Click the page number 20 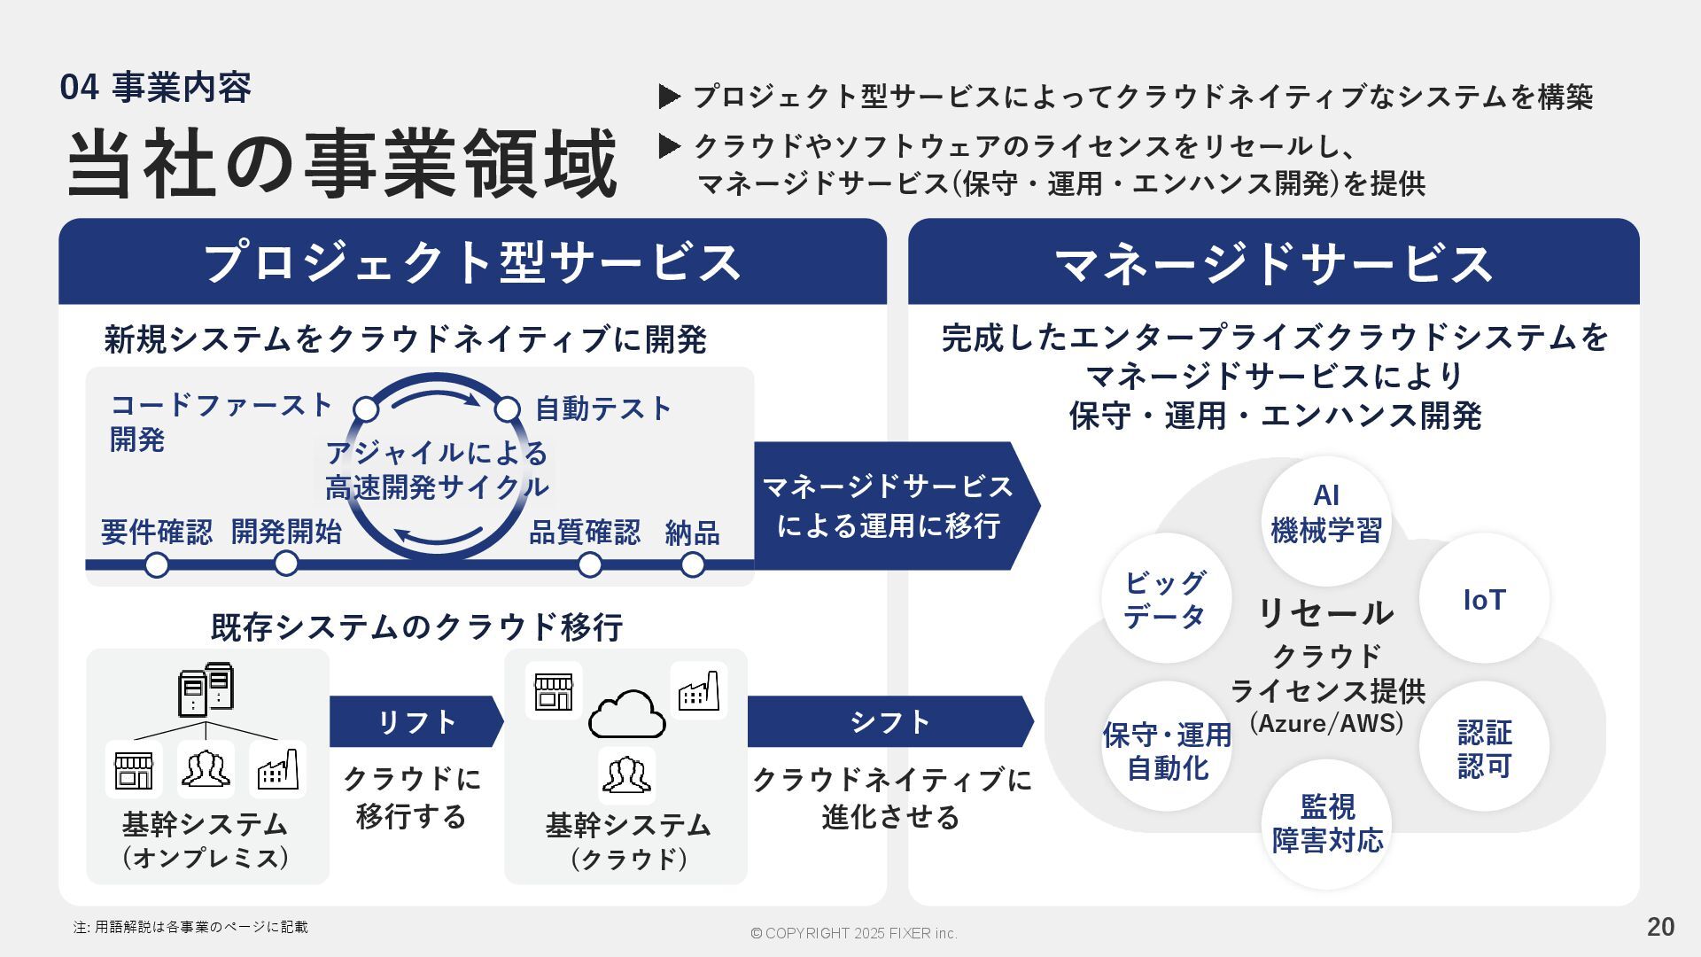[x=1660, y=927]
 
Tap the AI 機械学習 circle [x=1325, y=514]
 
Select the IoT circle [x=1484, y=599]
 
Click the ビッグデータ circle [x=1166, y=599]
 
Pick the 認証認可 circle [x=1484, y=749]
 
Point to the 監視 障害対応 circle [x=1326, y=824]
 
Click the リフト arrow [x=416, y=722]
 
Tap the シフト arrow [x=889, y=722]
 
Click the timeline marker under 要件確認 [x=157, y=564]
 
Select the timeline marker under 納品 [x=693, y=564]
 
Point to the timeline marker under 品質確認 [x=589, y=564]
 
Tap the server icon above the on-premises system [x=206, y=689]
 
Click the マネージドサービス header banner [x=1273, y=263]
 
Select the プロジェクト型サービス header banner [x=472, y=263]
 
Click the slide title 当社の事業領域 [x=342, y=165]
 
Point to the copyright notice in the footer [x=853, y=933]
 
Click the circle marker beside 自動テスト [x=507, y=409]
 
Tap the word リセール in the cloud [x=1325, y=613]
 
